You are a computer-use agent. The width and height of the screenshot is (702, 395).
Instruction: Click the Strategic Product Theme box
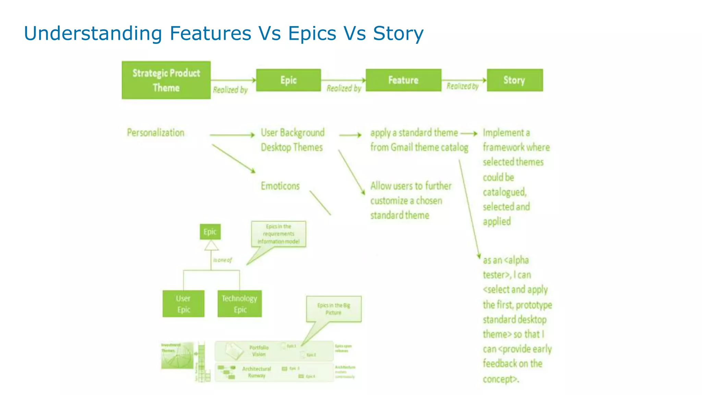[x=166, y=80]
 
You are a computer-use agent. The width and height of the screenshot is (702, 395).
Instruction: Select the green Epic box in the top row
[x=288, y=80]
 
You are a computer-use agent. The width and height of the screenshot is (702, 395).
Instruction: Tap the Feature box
[x=403, y=80]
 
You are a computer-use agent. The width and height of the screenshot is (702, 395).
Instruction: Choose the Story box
[x=515, y=80]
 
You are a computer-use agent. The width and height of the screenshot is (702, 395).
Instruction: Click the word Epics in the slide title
[x=312, y=34]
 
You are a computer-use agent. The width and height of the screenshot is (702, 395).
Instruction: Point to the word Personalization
[x=156, y=133]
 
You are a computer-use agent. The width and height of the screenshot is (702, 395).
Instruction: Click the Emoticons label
[x=280, y=186]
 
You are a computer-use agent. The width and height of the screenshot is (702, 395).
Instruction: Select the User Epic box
[x=183, y=304]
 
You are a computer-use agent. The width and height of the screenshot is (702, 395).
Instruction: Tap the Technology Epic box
[x=239, y=304]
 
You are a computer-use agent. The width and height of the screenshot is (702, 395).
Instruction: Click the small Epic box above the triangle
[x=210, y=232]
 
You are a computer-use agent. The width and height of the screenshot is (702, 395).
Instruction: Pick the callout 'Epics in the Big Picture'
[x=334, y=309]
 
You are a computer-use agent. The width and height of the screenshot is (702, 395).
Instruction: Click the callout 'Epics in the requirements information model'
[x=278, y=234]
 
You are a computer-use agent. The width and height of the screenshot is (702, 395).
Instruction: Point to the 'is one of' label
[x=222, y=260]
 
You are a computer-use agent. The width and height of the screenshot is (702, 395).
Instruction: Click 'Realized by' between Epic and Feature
[x=344, y=88]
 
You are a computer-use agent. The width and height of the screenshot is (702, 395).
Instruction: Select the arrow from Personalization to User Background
[x=232, y=135]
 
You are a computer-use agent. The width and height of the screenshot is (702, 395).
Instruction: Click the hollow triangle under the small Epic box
[x=211, y=246]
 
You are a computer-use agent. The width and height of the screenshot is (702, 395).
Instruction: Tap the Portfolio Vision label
[x=259, y=351]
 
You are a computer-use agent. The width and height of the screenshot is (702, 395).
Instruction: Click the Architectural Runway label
[x=256, y=372]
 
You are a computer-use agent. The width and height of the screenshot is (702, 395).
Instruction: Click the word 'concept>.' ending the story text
[x=501, y=379]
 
